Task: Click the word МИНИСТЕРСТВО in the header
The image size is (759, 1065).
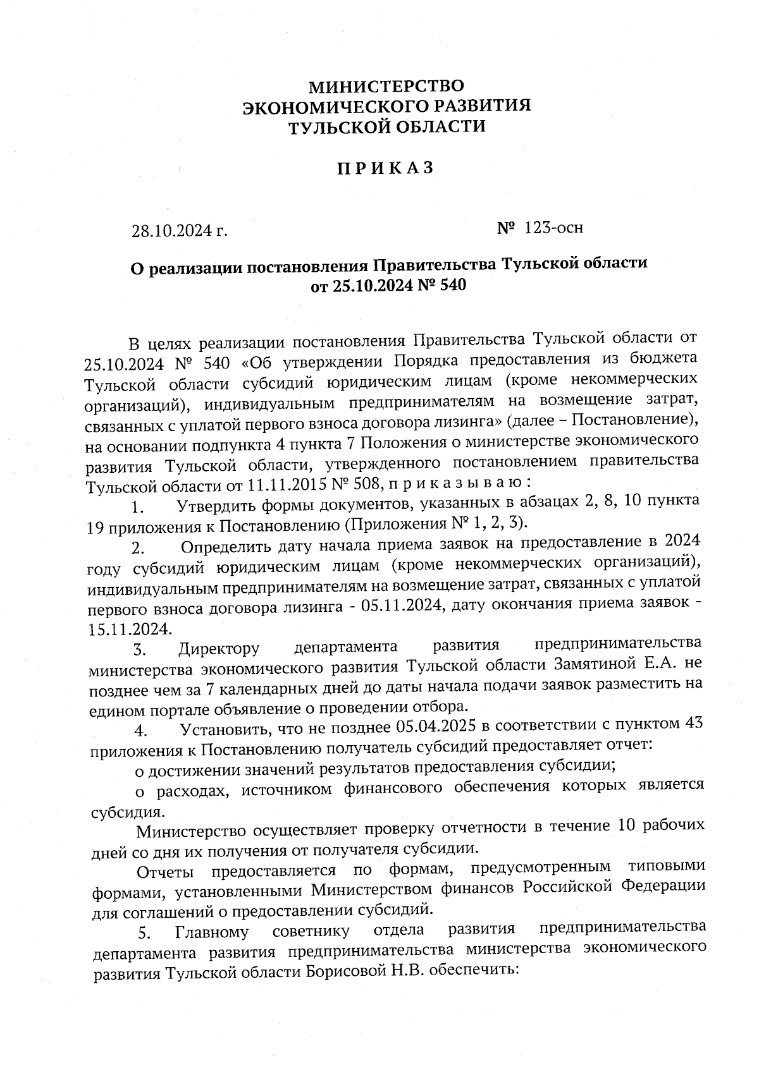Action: pos(386,85)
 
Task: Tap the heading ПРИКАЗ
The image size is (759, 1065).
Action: pos(385,168)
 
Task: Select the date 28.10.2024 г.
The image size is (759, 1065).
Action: pos(179,231)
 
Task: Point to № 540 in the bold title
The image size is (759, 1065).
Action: pos(442,286)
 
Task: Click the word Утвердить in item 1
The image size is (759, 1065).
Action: pos(218,506)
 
